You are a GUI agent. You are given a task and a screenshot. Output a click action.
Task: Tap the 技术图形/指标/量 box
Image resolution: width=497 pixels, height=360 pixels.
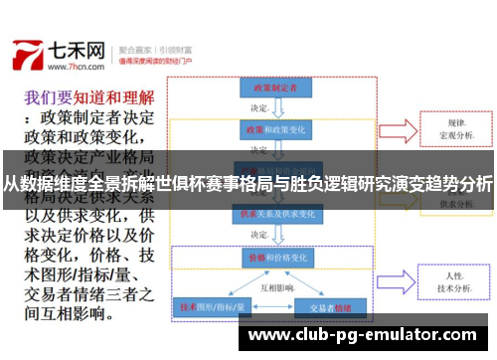[x=208, y=307]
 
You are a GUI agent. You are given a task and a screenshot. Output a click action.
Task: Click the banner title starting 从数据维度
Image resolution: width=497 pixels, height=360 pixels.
[x=248, y=183]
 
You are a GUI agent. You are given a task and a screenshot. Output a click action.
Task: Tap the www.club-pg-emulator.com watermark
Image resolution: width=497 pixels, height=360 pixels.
[x=369, y=334]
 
